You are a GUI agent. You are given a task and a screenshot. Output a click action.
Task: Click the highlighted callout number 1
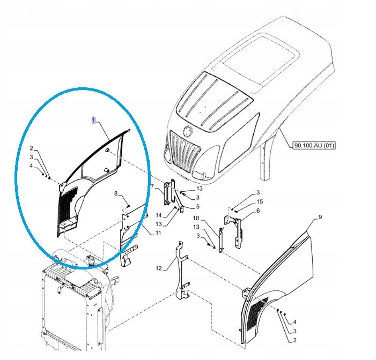(94, 121)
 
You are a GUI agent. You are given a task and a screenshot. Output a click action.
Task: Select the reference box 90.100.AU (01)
(314, 145)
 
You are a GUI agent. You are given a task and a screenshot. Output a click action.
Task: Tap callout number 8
(116, 193)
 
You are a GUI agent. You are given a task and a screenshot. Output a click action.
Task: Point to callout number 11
(158, 232)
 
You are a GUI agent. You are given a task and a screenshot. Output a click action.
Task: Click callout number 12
(159, 268)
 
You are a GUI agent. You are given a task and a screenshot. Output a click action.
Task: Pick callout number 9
(320, 217)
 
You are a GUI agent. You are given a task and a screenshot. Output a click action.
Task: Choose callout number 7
(152, 186)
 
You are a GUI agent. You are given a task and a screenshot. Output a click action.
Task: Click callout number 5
(197, 206)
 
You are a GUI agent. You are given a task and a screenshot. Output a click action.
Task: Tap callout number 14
(159, 215)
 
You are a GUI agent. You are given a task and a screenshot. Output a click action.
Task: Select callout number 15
(260, 201)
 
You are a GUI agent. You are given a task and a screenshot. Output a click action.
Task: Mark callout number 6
(258, 211)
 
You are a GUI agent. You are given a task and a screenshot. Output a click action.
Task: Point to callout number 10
(196, 218)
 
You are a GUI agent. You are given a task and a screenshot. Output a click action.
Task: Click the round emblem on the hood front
(187, 131)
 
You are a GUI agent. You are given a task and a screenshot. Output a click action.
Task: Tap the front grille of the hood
(185, 152)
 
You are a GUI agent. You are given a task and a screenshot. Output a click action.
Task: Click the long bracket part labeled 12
(183, 271)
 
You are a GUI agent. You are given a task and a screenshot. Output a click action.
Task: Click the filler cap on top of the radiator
(91, 260)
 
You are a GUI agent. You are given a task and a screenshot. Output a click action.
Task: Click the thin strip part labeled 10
(222, 240)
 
